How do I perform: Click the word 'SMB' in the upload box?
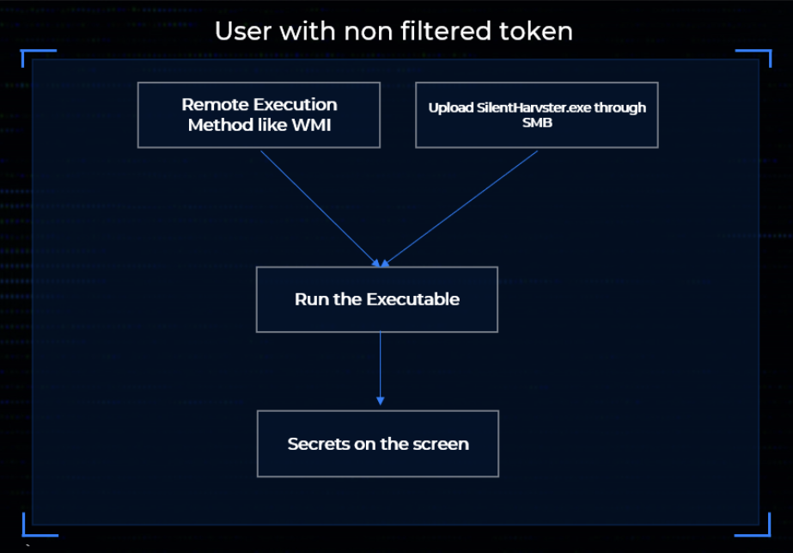click(x=536, y=122)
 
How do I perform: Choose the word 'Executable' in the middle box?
click(x=413, y=299)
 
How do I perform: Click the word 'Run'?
click(x=309, y=299)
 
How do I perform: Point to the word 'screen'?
click(x=442, y=445)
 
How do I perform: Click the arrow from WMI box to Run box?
click(x=318, y=207)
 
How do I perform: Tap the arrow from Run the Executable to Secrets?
click(x=380, y=366)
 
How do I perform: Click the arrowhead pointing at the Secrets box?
click(x=380, y=401)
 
